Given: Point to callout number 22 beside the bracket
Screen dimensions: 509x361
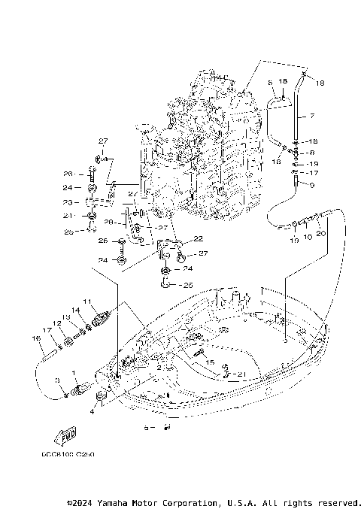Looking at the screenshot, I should click(199, 238).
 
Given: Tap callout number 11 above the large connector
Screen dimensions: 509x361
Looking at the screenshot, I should click(88, 301).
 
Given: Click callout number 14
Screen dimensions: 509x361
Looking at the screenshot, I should click(76, 310).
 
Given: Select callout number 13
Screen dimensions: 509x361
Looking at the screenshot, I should click(65, 317).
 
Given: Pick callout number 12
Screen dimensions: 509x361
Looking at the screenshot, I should click(56, 323).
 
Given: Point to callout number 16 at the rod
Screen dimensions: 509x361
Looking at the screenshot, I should click(35, 339).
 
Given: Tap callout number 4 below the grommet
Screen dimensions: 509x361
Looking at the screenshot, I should click(93, 411).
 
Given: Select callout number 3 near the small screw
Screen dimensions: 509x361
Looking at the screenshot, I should click(58, 382).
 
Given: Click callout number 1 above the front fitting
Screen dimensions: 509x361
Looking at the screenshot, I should click(73, 372).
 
